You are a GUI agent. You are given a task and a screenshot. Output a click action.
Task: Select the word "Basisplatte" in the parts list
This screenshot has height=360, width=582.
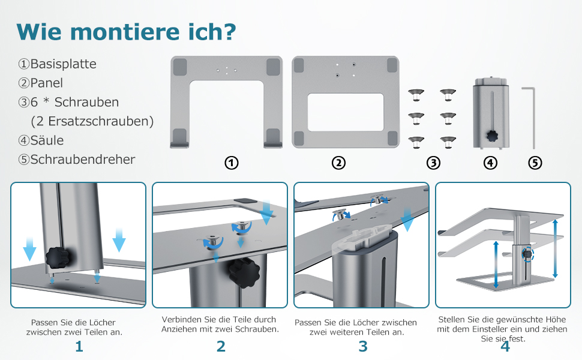click(x=63, y=64)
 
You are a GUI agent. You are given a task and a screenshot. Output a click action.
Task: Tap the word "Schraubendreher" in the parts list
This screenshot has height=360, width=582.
click(x=82, y=159)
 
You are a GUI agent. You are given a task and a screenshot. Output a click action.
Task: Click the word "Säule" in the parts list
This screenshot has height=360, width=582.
click(x=47, y=140)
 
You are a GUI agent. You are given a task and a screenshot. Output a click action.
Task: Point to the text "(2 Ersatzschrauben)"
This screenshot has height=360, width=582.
click(x=92, y=121)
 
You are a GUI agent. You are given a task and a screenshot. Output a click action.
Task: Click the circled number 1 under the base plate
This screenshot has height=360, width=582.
click(x=232, y=163)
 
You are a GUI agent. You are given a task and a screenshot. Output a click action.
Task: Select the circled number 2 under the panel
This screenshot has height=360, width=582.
click(x=338, y=163)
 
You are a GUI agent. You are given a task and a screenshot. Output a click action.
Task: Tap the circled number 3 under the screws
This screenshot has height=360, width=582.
click(x=434, y=163)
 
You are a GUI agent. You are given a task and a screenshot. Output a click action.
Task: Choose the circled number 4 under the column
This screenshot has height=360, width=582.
click(x=490, y=163)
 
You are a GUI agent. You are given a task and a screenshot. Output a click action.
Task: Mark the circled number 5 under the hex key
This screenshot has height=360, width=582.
click(x=535, y=163)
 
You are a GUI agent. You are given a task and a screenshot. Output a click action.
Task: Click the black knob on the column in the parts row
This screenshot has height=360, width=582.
click(x=493, y=136)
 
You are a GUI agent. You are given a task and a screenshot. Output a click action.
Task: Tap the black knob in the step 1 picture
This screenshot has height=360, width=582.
click(x=58, y=257)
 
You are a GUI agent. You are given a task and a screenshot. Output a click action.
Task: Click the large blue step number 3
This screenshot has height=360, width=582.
click(x=363, y=346)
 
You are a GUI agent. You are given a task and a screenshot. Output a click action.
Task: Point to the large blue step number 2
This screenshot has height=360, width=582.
click(x=221, y=346)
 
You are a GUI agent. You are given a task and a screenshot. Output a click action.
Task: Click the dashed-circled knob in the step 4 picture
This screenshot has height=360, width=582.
click(x=527, y=254)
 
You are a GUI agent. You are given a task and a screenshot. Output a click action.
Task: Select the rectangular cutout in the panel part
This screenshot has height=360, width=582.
click(x=346, y=112)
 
